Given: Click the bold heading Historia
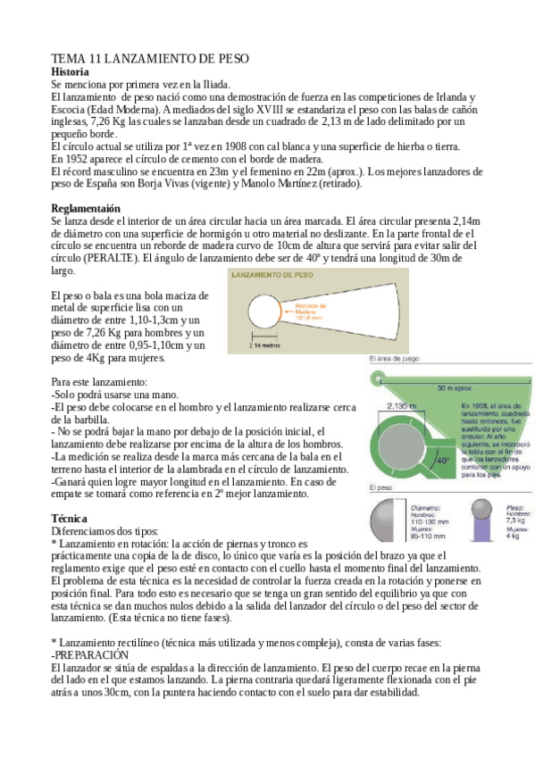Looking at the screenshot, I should (71, 71).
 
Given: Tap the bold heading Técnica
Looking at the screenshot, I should (70, 518).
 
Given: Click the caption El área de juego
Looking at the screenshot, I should (395, 361).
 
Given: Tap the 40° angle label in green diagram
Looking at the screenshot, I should (440, 461).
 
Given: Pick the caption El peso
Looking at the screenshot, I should (382, 488).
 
